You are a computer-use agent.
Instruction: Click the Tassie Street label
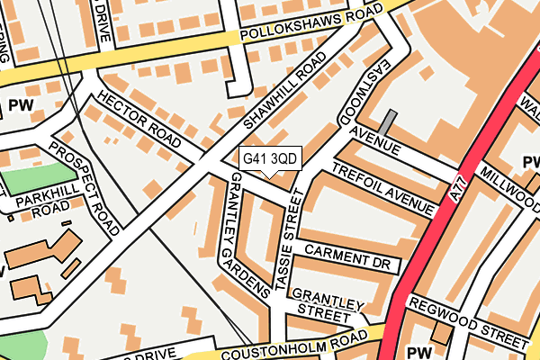pyautogui.click(x=291, y=246)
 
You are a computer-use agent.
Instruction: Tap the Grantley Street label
pyautogui.click(x=326, y=306)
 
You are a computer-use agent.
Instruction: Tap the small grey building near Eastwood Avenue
pyautogui.click(x=386, y=122)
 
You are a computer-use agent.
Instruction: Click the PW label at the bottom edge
pyautogui.click(x=418, y=352)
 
